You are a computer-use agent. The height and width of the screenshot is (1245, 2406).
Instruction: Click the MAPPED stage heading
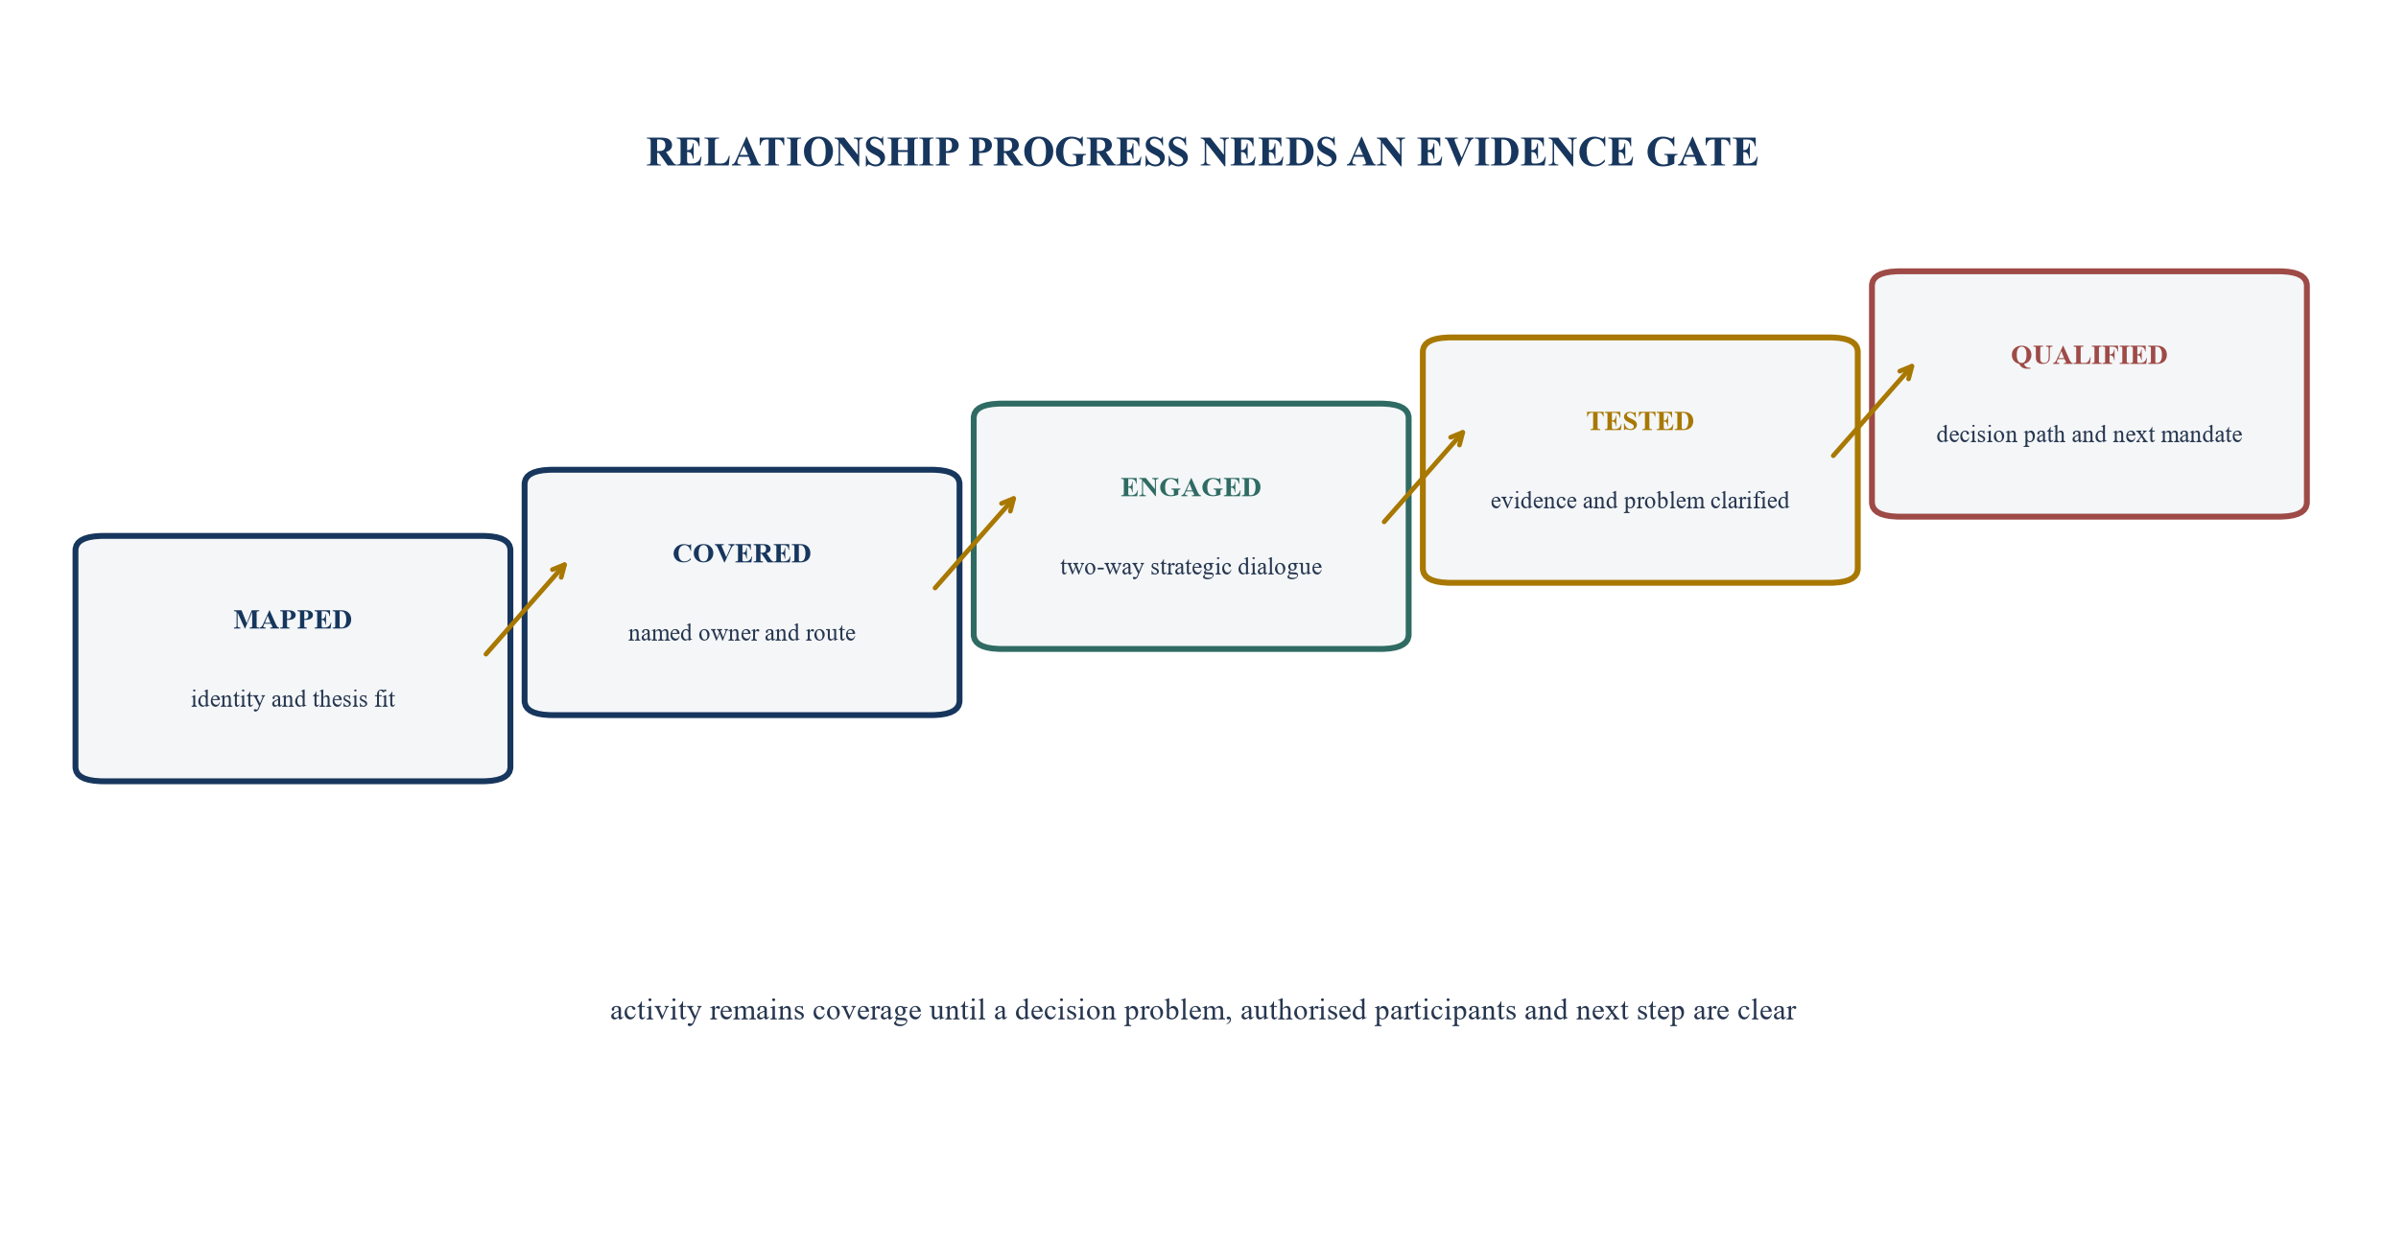pyautogui.click(x=293, y=620)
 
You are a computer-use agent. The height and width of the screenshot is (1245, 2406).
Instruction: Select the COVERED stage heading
pyautogui.click(x=742, y=553)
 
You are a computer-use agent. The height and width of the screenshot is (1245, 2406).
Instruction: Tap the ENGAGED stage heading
pyautogui.click(x=1191, y=487)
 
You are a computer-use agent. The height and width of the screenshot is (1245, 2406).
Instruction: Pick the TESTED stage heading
pyautogui.click(x=1639, y=421)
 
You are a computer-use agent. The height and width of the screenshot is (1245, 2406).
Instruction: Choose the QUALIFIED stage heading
pyautogui.click(x=2088, y=355)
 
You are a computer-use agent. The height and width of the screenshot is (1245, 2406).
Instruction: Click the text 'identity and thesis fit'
pyautogui.click(x=293, y=699)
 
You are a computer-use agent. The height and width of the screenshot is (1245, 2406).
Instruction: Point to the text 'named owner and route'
pyautogui.click(x=742, y=633)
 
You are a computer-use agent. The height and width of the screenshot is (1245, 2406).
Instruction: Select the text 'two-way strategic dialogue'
pyautogui.click(x=1191, y=567)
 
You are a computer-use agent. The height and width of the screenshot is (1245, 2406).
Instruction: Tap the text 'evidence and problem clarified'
pyautogui.click(x=1639, y=501)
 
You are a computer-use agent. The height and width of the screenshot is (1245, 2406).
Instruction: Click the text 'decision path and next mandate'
pyautogui.click(x=2088, y=435)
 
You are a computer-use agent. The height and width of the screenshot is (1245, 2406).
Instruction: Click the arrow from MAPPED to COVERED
pyautogui.click(x=527, y=609)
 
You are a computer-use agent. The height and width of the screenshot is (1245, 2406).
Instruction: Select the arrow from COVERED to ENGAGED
pyautogui.click(x=975, y=543)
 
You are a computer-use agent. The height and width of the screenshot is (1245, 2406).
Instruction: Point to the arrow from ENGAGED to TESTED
pyautogui.click(x=1424, y=477)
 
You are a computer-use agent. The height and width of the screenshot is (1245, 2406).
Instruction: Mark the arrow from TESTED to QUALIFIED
pyautogui.click(x=1873, y=411)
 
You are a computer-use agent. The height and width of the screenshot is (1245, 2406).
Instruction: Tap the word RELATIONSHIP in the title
pyautogui.click(x=803, y=153)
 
